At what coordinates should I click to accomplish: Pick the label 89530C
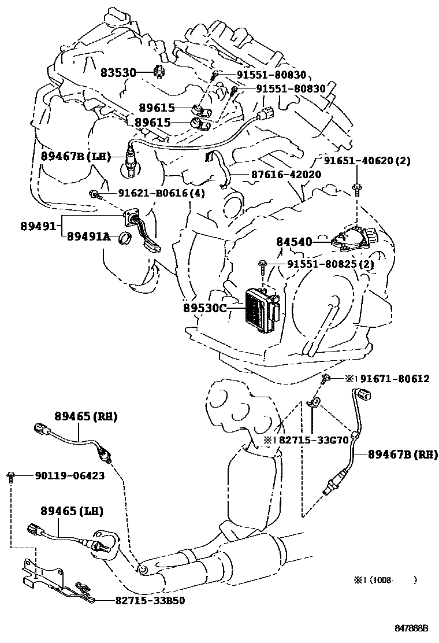click(205, 308)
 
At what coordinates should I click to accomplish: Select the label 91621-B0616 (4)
click(154, 193)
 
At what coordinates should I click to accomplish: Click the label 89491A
click(88, 236)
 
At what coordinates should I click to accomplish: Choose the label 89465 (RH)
click(86, 416)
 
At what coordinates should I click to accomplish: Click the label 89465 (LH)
click(72, 511)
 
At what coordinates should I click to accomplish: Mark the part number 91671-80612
click(395, 379)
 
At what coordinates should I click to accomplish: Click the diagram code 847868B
click(411, 627)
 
